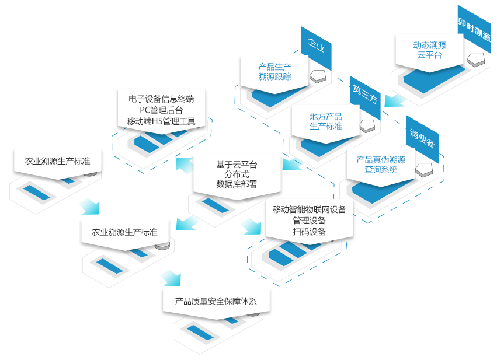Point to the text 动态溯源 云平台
point(429,50)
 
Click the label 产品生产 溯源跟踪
point(274,72)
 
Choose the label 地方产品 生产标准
point(326,121)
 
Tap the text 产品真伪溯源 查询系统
point(381,165)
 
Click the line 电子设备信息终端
point(161,99)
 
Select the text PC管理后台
point(161,110)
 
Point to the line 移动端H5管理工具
point(161,121)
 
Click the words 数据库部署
point(237,184)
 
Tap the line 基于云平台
point(237,165)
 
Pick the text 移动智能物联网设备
point(309,209)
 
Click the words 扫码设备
point(309,232)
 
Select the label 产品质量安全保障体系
point(216,301)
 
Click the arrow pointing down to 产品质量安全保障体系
point(172,278)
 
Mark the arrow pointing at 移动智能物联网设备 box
point(252,226)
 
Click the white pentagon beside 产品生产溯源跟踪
point(318,75)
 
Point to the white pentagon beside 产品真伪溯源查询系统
point(424,169)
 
